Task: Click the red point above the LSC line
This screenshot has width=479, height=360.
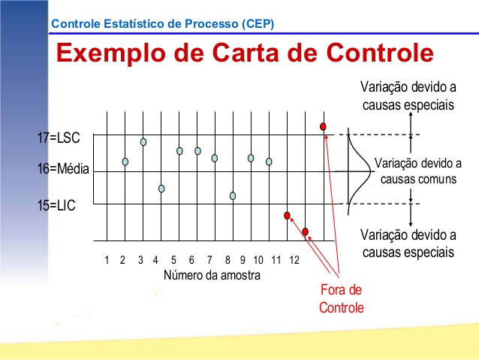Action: click(x=323, y=126)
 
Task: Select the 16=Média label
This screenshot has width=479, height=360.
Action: click(x=62, y=170)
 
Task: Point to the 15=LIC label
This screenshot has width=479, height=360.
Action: click(x=57, y=204)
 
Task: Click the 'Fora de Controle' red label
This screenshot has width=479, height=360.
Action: click(x=341, y=298)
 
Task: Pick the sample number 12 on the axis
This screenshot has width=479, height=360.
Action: click(x=294, y=260)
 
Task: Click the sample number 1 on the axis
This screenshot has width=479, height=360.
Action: click(x=107, y=260)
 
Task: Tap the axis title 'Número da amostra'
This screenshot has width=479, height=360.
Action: click(x=212, y=275)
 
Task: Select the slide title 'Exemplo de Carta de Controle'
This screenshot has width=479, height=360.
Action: click(x=246, y=53)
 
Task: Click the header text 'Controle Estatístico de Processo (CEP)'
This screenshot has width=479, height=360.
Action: click(x=162, y=23)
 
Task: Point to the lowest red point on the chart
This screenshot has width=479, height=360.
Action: click(x=306, y=231)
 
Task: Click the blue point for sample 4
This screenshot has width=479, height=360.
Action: click(x=161, y=189)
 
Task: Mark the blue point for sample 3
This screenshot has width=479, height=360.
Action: click(x=143, y=142)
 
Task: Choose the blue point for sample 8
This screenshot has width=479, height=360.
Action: click(x=233, y=195)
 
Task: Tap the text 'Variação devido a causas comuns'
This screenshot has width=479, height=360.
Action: click(x=418, y=171)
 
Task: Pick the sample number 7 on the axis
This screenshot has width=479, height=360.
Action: click(x=209, y=260)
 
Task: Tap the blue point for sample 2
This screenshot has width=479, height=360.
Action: click(x=125, y=162)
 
